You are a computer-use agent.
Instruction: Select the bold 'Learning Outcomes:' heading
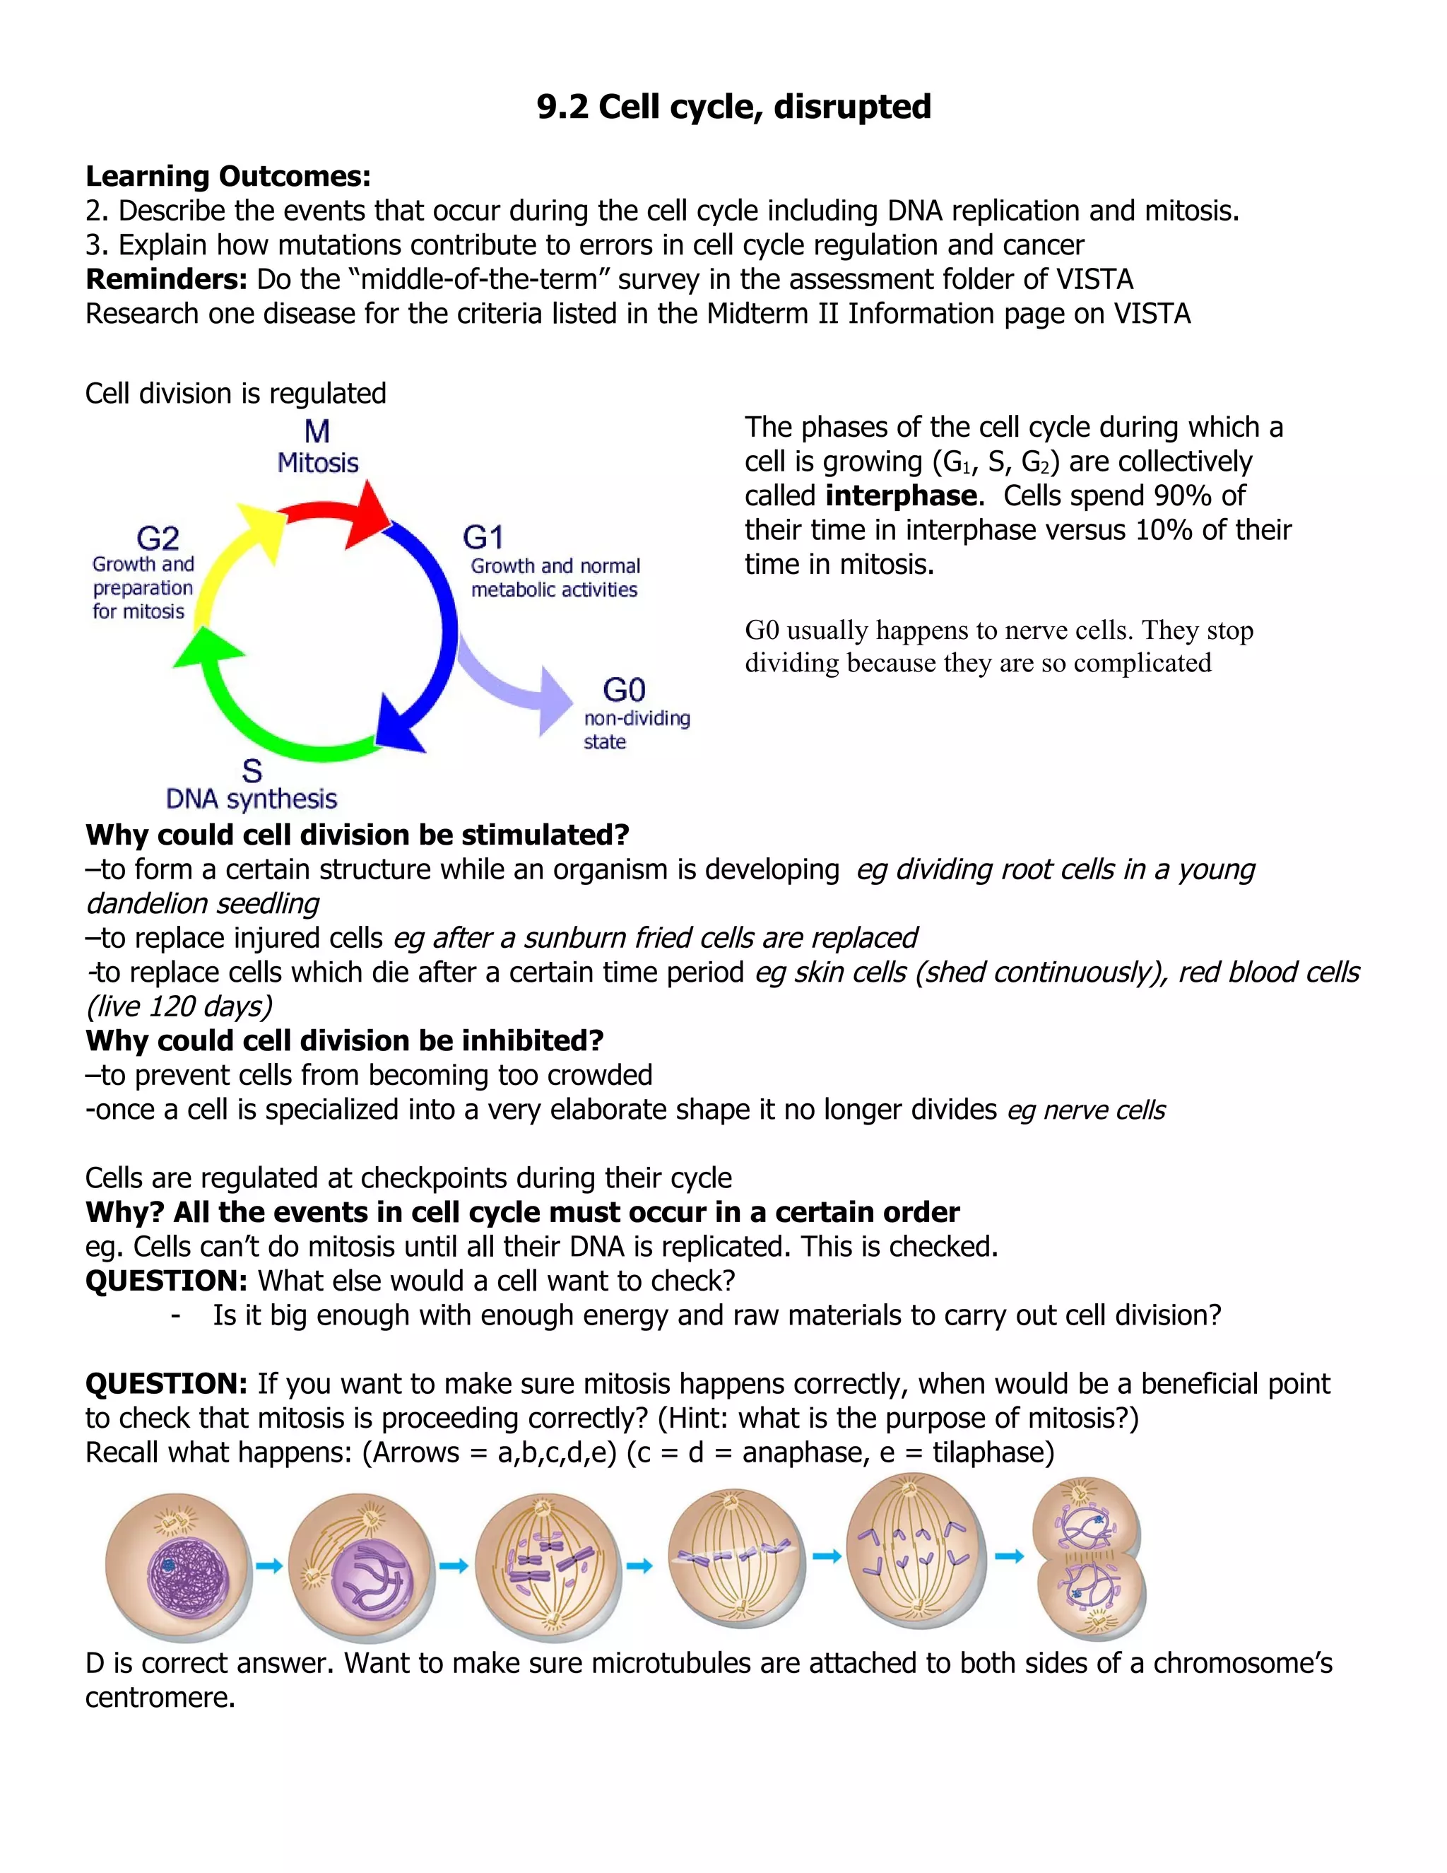[x=228, y=177]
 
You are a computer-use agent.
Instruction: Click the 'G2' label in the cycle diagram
[x=158, y=538]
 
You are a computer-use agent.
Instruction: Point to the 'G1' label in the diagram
[x=483, y=538]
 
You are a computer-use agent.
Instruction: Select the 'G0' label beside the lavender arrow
[x=624, y=690]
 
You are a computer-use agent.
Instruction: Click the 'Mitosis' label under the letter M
[x=318, y=463]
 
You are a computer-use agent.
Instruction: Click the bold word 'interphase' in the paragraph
[x=901, y=495]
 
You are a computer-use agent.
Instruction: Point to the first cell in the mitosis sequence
[x=178, y=1566]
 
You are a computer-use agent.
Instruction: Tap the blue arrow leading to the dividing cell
[x=1009, y=1556]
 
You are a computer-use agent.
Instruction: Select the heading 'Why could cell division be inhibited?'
[x=345, y=1041]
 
